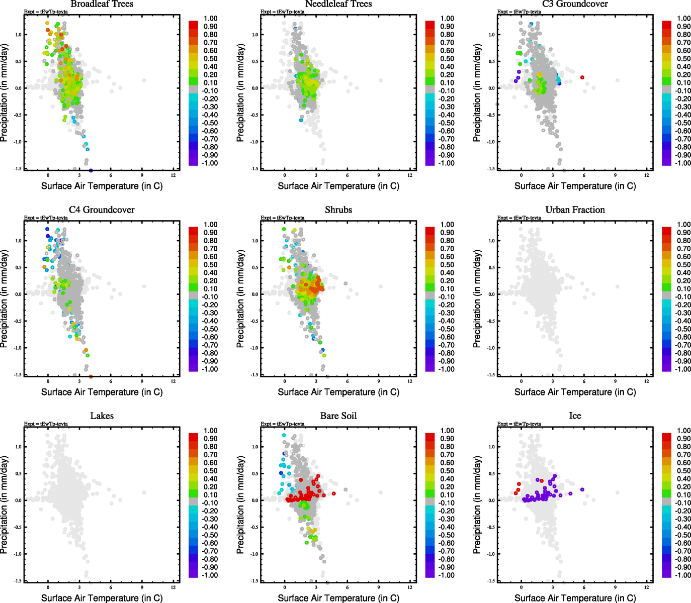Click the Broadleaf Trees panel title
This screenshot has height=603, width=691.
tap(102, 4)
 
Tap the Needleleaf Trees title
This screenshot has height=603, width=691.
tap(338, 4)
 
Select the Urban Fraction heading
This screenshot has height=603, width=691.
tap(575, 210)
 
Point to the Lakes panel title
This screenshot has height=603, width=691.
tap(102, 416)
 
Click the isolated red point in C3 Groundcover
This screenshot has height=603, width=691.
tap(582, 77)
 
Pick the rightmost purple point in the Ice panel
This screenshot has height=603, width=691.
tap(582, 489)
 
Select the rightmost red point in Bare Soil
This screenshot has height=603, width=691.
tap(334, 494)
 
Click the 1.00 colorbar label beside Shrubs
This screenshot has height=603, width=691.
tap(447, 225)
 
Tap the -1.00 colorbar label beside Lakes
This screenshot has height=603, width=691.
tap(210, 575)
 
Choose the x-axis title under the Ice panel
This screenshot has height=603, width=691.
tap(575, 598)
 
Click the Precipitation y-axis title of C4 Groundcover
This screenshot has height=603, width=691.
tap(5, 299)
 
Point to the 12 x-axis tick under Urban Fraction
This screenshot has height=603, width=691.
tap(646, 381)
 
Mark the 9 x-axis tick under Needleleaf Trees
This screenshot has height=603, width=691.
tap(379, 175)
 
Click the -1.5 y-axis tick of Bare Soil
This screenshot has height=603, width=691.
tap(254, 581)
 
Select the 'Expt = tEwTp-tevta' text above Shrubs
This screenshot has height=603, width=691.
tap(282, 218)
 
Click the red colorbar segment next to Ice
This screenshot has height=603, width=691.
tap(666, 437)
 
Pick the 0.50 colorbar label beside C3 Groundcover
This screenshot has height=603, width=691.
tap(683, 59)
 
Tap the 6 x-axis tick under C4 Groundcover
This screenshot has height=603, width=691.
tap(111, 381)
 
